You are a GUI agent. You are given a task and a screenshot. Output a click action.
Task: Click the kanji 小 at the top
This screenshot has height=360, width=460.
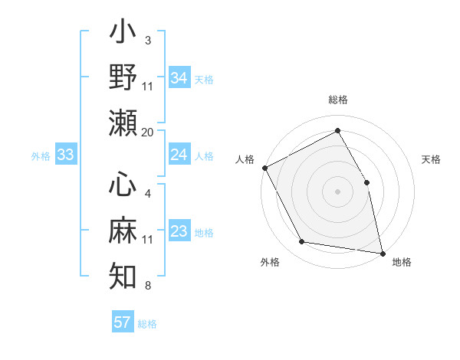click(123, 36)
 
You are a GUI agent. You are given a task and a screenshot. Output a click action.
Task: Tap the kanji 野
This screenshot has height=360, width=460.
click(123, 78)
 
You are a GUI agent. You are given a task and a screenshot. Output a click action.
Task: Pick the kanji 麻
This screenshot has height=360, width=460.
click(123, 230)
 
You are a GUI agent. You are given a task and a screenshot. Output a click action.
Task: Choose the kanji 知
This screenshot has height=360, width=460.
click(123, 273)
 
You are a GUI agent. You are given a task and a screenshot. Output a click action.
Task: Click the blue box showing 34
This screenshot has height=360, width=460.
click(179, 77)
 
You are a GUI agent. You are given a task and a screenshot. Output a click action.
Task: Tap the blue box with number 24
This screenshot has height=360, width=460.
click(179, 155)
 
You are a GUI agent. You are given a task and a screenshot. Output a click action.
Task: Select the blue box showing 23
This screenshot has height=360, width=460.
click(179, 231)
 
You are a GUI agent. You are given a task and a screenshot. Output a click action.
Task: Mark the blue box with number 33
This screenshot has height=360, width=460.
click(65, 155)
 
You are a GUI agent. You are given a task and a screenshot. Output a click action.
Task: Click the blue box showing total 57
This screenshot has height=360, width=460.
click(123, 322)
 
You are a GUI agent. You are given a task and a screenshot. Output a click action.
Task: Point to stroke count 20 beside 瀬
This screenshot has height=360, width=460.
click(148, 132)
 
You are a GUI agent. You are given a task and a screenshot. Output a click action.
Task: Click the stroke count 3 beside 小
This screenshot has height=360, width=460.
click(147, 39)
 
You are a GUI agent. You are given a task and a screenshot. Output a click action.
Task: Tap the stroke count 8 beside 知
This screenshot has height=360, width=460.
click(147, 286)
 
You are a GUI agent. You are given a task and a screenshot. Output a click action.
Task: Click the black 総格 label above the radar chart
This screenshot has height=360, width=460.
click(337, 100)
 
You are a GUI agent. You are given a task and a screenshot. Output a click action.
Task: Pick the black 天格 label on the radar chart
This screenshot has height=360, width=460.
click(432, 159)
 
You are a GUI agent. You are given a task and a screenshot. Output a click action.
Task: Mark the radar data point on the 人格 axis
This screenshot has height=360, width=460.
click(264, 167)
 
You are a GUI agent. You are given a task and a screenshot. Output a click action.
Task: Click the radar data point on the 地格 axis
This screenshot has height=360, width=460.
click(383, 252)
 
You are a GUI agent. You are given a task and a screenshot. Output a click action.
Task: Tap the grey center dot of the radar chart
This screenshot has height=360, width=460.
click(337, 191)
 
